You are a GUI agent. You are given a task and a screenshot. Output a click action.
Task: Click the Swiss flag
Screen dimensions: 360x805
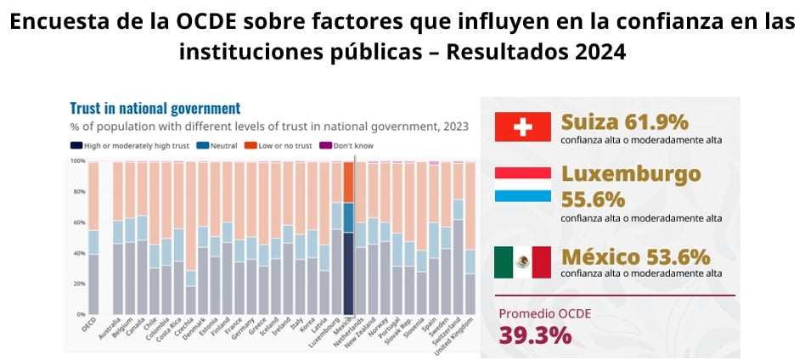coord(523,127)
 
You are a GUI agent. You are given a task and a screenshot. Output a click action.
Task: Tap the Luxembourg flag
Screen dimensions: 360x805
coord(523,184)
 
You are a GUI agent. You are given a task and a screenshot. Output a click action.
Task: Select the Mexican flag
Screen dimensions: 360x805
coord(523,262)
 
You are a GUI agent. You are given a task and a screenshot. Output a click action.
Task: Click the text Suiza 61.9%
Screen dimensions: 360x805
coord(624,122)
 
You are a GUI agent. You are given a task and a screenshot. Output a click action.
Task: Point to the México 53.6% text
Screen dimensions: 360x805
coord(635,256)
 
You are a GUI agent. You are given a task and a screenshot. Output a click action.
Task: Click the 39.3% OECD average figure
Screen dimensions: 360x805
coord(535,335)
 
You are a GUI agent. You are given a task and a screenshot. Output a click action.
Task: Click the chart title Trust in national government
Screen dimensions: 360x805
coord(155,109)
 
